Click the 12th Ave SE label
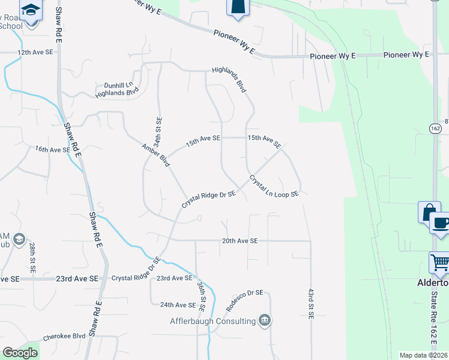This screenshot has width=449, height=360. click(x=35, y=53)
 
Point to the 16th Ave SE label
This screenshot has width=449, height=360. click(x=52, y=149)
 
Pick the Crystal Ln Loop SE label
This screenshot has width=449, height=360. click(x=274, y=187)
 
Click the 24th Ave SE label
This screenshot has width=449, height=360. click(x=178, y=305)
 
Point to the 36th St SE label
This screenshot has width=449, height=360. click(x=202, y=297)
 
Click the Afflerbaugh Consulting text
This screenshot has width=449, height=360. click(x=212, y=321)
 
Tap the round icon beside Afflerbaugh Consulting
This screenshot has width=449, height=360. click(x=264, y=320)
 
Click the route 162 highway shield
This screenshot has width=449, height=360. click(x=435, y=128)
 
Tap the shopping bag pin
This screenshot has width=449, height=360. click(x=429, y=212)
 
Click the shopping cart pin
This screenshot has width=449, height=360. click(x=439, y=262)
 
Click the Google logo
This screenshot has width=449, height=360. click(x=20, y=353)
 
